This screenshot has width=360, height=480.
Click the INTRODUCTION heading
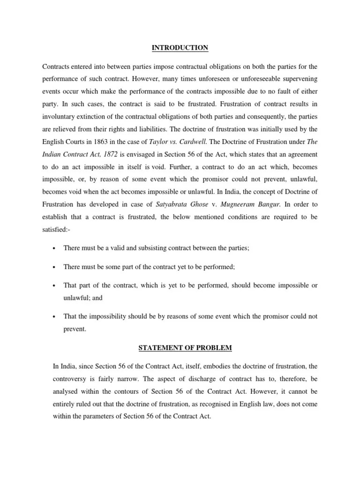(x=180, y=48)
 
